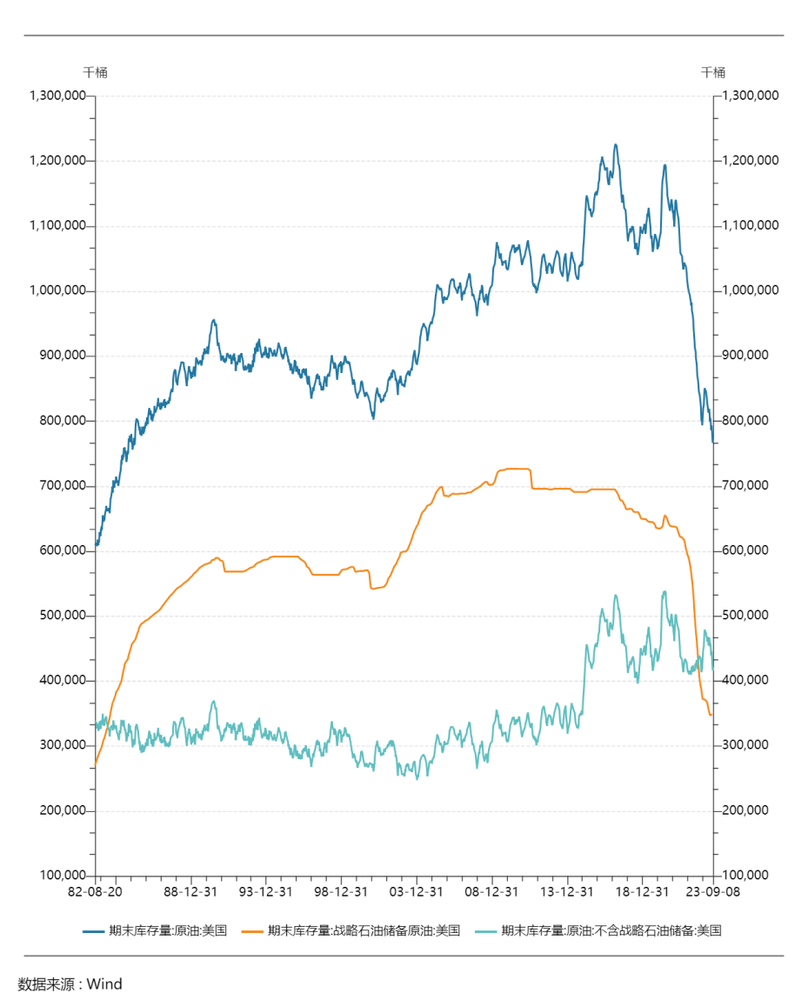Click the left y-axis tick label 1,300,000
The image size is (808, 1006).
(x=57, y=96)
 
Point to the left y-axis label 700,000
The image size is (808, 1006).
(x=61, y=486)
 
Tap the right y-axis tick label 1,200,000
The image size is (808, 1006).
(x=751, y=161)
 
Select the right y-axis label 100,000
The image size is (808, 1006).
(x=747, y=876)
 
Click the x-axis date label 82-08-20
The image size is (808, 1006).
(x=95, y=892)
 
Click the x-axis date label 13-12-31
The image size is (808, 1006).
(x=567, y=892)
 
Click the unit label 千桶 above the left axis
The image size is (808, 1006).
(x=96, y=72)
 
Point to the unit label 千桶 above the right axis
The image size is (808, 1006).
(x=713, y=72)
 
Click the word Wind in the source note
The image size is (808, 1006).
(x=104, y=984)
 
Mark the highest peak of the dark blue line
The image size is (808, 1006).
(x=616, y=145)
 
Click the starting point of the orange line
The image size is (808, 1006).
(x=96, y=763)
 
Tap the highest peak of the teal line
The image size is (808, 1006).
(x=664, y=592)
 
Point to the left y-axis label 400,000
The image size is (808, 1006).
(x=61, y=681)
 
